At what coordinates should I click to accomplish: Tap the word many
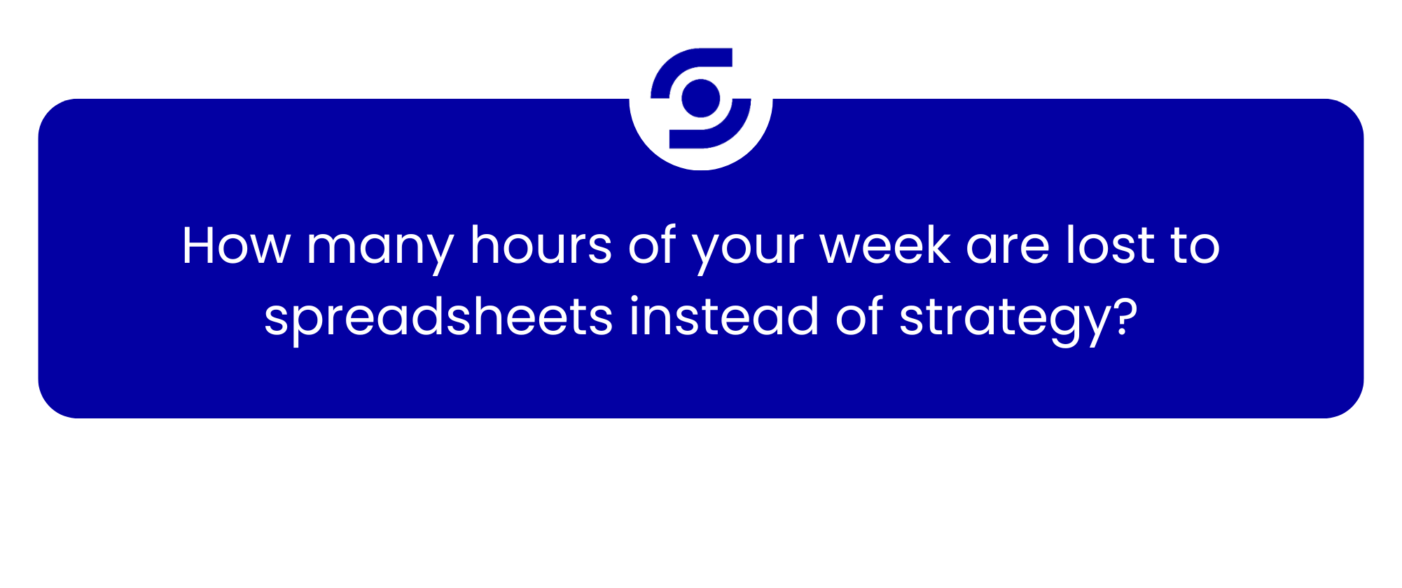click(380, 251)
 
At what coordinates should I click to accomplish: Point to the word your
click(747, 251)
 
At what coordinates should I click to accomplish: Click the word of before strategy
click(859, 316)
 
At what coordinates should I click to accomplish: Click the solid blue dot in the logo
click(701, 99)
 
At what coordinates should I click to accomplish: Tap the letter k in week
click(936, 245)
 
